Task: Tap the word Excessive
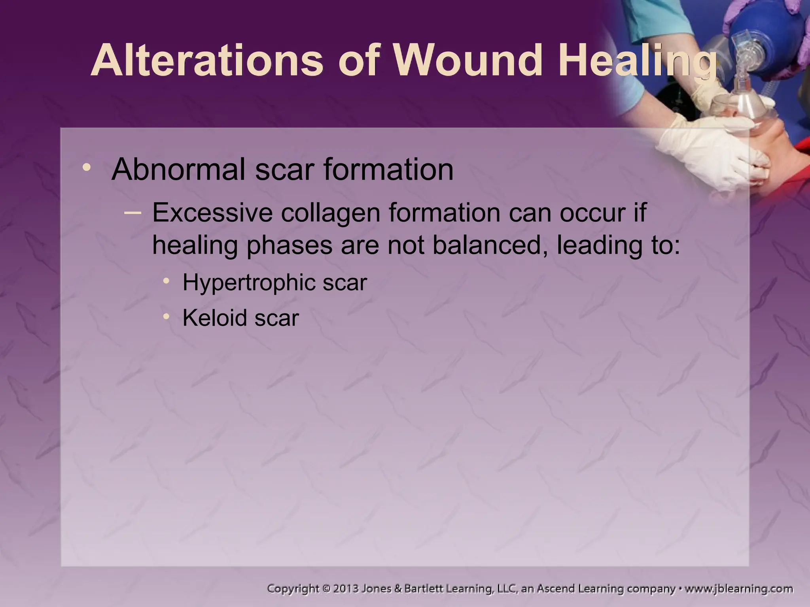click(x=212, y=213)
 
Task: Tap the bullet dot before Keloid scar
click(x=167, y=316)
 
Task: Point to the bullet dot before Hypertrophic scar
click(x=167, y=281)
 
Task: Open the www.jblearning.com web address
click(x=738, y=589)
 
